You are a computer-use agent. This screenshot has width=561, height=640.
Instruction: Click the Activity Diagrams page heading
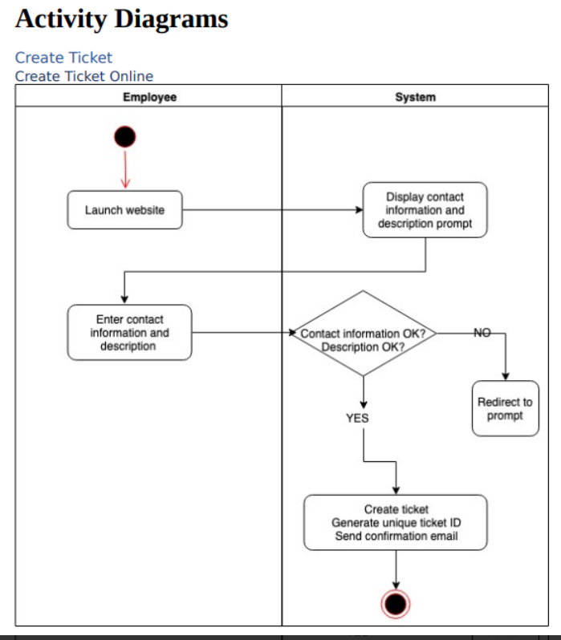tap(121, 19)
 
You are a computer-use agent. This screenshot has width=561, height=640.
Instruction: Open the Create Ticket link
tap(63, 58)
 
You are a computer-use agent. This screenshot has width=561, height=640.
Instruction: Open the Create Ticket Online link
tap(83, 76)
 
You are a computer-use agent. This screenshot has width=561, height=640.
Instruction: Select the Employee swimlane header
tap(149, 97)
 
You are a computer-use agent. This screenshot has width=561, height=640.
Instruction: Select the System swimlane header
tap(415, 97)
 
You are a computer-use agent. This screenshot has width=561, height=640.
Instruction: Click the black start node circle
tap(124, 138)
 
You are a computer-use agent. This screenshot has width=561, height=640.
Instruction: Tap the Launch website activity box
tap(124, 210)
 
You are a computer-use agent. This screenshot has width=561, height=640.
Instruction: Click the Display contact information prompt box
tap(425, 210)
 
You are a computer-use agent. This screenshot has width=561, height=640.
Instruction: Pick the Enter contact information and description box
tap(129, 332)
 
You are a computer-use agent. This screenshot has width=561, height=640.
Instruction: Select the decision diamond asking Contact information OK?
tap(363, 333)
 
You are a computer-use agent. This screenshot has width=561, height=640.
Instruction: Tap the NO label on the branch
tap(482, 332)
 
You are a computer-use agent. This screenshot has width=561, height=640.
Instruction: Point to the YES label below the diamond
tap(357, 418)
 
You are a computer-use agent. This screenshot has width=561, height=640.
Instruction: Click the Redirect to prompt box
tap(505, 408)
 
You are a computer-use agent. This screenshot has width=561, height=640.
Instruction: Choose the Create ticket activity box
tap(396, 522)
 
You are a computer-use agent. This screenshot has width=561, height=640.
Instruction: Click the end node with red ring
tap(396, 603)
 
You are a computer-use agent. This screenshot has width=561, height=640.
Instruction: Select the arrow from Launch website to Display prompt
tap(273, 210)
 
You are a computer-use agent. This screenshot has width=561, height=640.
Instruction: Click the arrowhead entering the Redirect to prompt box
tap(505, 376)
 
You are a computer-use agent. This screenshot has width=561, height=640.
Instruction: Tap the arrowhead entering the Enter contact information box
tap(124, 300)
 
